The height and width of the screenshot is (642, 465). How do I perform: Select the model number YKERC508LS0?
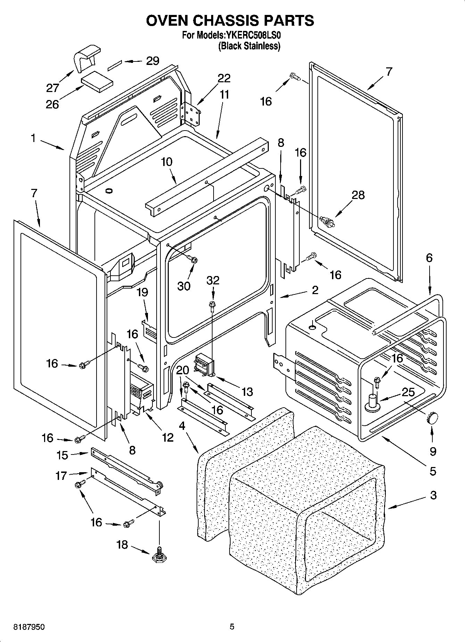[x=254, y=35]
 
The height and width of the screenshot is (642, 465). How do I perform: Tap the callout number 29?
[x=152, y=61]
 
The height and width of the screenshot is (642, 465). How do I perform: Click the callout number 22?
[x=224, y=78]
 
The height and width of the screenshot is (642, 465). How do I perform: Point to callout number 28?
[x=358, y=195]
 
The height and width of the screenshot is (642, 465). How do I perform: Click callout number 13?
[x=247, y=392]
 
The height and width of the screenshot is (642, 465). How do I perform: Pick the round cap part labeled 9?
[x=432, y=418]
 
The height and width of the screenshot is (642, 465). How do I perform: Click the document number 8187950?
[x=29, y=627]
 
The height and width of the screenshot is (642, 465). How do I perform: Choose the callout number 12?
[x=167, y=437]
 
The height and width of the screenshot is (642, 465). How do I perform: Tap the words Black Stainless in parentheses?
[x=249, y=46]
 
